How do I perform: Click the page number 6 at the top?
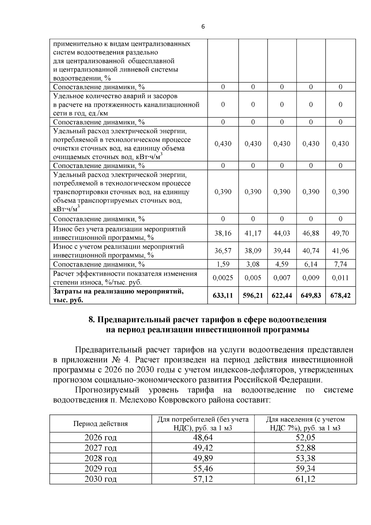click(x=203, y=27)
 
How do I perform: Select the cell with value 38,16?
click(x=223, y=233)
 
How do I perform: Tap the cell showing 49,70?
click(x=340, y=233)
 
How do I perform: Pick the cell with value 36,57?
click(x=223, y=251)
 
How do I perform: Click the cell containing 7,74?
click(x=340, y=264)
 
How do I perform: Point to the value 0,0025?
click(x=223, y=278)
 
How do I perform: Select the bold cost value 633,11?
click(x=223, y=295)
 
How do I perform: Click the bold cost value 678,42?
click(x=340, y=295)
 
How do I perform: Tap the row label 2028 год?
click(x=100, y=458)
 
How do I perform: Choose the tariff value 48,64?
click(x=203, y=437)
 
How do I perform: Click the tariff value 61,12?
click(x=305, y=479)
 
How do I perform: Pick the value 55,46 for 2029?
click(x=203, y=469)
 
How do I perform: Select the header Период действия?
click(x=100, y=424)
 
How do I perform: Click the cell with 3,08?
click(x=253, y=264)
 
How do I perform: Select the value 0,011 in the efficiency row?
click(x=340, y=278)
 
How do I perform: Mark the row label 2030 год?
click(x=100, y=479)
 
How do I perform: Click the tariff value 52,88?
click(x=305, y=448)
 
